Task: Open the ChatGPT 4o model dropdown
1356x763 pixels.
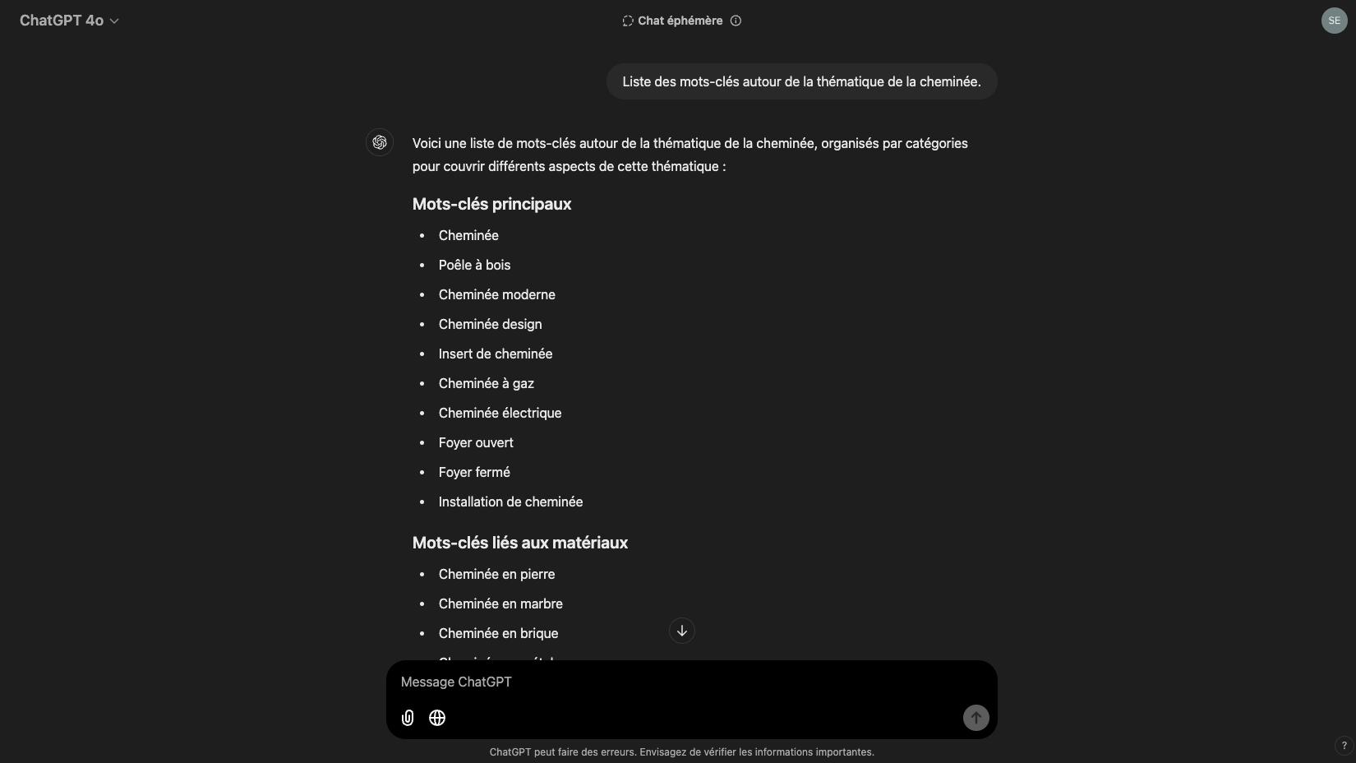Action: (x=69, y=21)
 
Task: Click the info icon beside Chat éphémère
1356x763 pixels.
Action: (x=736, y=21)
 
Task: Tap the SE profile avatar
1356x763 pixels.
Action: (x=1334, y=21)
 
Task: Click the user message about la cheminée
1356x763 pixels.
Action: (x=801, y=81)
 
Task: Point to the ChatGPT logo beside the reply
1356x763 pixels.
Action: (x=380, y=142)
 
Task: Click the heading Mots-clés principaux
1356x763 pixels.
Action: (x=491, y=204)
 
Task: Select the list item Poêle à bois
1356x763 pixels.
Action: (x=474, y=265)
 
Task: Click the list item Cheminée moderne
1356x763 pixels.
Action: (x=496, y=294)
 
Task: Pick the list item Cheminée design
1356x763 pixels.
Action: (x=490, y=324)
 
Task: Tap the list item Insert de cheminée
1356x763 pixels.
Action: (x=495, y=354)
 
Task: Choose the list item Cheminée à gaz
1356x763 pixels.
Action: (x=486, y=383)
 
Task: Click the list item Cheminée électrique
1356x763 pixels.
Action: (x=500, y=413)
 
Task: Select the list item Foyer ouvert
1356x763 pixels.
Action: (x=476, y=442)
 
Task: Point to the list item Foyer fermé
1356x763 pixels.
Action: (x=474, y=472)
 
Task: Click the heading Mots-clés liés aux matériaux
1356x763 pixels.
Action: (x=519, y=543)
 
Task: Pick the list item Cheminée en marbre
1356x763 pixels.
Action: (x=500, y=603)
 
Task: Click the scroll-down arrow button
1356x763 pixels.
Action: (x=682, y=631)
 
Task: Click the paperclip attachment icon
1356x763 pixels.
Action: (x=408, y=718)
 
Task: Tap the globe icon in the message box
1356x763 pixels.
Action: (x=437, y=718)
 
